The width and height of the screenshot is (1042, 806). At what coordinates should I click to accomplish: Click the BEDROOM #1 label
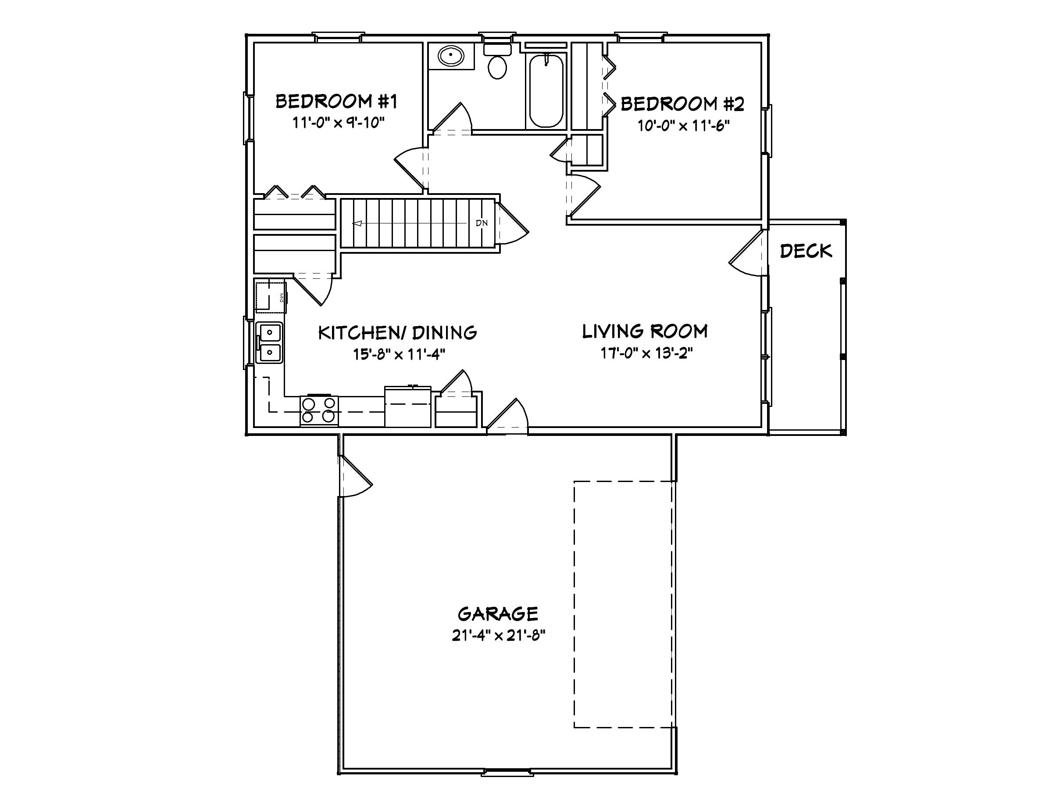pos(336,101)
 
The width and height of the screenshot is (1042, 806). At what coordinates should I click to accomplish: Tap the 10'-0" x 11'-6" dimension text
pos(684,126)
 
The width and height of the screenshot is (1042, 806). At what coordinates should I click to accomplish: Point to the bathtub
pos(546,91)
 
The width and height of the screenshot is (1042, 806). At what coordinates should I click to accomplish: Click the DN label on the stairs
pos(482,223)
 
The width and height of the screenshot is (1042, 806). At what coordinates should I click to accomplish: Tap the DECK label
pos(806,251)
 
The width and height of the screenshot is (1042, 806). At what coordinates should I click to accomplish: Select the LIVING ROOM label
pos(645,331)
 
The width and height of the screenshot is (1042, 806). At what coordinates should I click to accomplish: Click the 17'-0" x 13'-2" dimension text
pos(646,353)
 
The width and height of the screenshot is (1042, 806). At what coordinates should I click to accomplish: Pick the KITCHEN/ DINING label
pos(397,333)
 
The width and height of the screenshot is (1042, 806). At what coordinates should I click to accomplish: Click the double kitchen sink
pos(270,342)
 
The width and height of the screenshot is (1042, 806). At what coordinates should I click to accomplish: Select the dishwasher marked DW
pos(271,298)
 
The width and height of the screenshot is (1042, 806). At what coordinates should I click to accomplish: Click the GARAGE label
pos(498,614)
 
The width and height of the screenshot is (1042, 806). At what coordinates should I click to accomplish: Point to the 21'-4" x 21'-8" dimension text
pos(499,636)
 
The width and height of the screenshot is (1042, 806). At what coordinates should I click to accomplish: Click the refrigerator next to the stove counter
pos(408,407)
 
